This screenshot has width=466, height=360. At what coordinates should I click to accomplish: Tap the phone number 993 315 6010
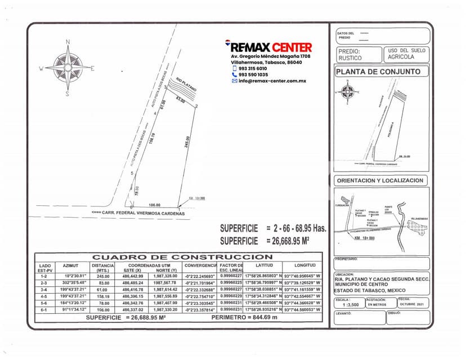coord(253,69)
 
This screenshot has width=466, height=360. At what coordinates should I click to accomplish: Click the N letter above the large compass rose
coord(68,42)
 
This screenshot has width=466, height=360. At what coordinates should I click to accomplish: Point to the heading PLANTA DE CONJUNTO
coord(378,72)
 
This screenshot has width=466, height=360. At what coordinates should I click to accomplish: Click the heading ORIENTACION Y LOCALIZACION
coord(380,181)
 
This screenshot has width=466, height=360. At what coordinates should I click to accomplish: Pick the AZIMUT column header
coord(71,265)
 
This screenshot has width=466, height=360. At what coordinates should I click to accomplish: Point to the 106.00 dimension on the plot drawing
coord(155,205)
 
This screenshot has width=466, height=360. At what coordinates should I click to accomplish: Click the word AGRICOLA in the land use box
coord(406,57)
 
